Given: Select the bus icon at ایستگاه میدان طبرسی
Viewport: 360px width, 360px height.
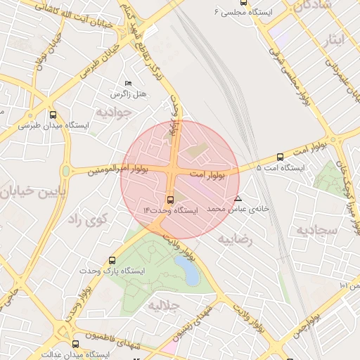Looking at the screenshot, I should click(x=53, y=115).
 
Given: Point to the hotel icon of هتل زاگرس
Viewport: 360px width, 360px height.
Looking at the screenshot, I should click(x=127, y=83).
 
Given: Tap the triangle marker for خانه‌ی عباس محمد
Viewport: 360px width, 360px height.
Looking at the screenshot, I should click(x=238, y=198).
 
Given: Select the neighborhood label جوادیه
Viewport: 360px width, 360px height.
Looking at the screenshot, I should click(x=115, y=111).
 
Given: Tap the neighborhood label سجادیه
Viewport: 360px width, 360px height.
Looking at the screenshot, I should click(x=316, y=230).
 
